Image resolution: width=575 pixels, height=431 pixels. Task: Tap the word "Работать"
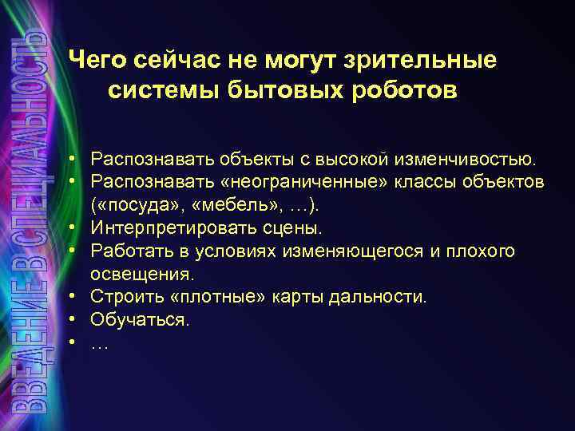click(x=129, y=251)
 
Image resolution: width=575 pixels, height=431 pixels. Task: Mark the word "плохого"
click(x=482, y=251)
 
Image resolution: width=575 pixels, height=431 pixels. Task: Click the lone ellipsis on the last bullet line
click(x=100, y=344)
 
